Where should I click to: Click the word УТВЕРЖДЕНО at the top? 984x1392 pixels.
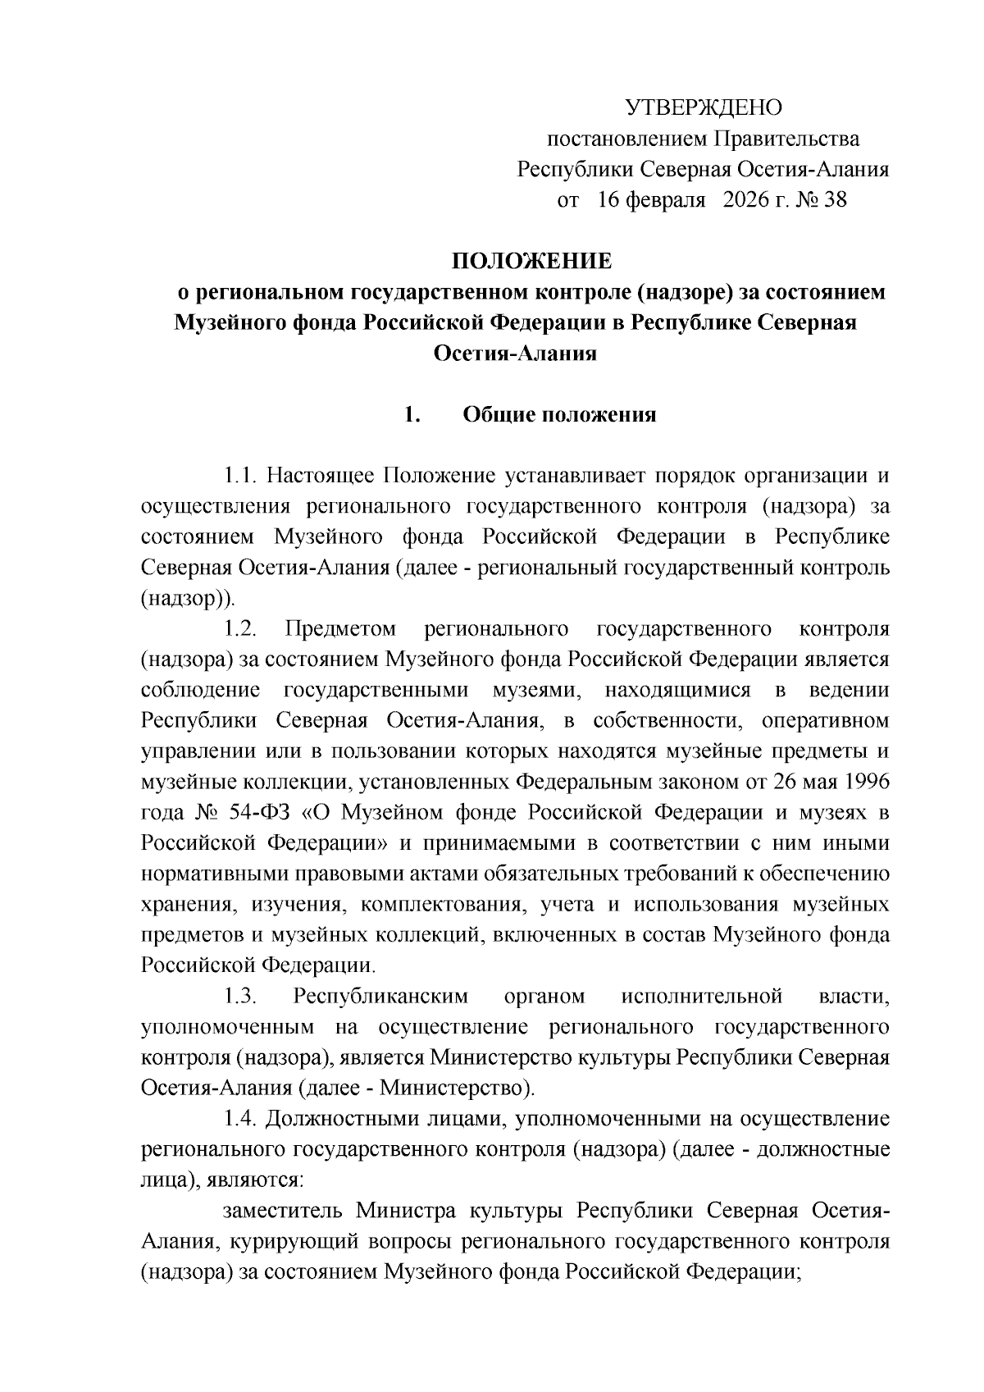point(704,107)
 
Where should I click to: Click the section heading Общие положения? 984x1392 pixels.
point(560,414)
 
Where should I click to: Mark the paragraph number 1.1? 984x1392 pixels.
point(242,476)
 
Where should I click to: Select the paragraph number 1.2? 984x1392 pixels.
point(242,629)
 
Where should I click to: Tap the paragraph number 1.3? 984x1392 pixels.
point(242,997)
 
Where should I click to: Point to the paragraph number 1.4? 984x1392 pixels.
point(242,1119)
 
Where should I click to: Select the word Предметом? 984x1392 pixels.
point(340,629)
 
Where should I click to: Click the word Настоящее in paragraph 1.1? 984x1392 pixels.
point(321,476)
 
